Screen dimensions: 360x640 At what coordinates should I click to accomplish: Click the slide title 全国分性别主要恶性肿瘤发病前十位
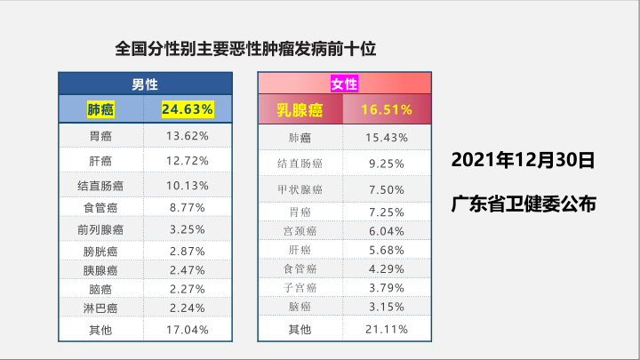(246, 49)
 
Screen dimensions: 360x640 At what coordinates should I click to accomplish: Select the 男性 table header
(145, 84)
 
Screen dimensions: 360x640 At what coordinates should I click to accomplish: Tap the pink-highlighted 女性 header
(344, 84)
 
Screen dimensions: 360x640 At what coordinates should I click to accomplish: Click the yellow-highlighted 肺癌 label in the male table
(100, 109)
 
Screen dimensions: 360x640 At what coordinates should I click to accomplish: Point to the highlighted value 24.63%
(187, 109)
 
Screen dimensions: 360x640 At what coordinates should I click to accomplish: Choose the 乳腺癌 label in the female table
(299, 110)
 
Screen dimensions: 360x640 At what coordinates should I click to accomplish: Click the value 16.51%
(387, 110)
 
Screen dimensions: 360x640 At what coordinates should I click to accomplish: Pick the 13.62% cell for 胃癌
(187, 136)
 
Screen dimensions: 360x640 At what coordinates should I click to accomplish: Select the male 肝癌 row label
(100, 161)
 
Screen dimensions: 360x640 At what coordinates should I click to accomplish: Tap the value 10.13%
(187, 186)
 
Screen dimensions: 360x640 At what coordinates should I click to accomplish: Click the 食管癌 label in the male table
(100, 207)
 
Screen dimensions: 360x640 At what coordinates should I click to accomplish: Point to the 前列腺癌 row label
(100, 228)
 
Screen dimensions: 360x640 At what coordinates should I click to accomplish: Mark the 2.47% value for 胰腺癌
(187, 268)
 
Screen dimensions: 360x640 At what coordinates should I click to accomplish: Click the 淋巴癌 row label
(100, 308)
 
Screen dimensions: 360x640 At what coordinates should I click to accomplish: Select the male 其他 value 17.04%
(187, 330)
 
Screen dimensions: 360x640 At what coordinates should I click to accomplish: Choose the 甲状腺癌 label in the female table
(300, 189)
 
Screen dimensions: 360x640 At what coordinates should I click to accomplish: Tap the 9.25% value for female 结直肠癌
(387, 164)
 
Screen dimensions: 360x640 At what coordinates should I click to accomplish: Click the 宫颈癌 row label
(300, 231)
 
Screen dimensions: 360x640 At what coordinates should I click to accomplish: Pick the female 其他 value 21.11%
(387, 330)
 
